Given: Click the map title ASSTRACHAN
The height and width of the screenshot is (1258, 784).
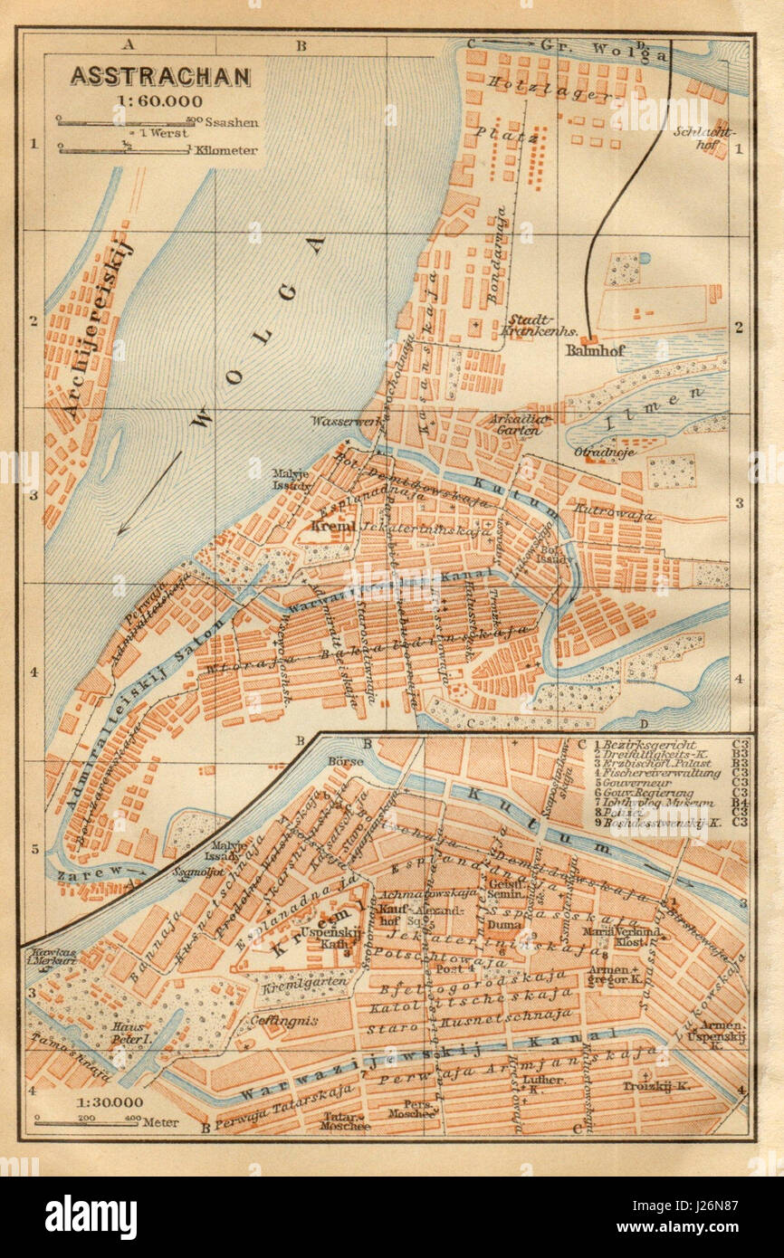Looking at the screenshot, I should [x=161, y=77].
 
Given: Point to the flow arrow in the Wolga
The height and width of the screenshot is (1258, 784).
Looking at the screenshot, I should [x=149, y=493].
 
